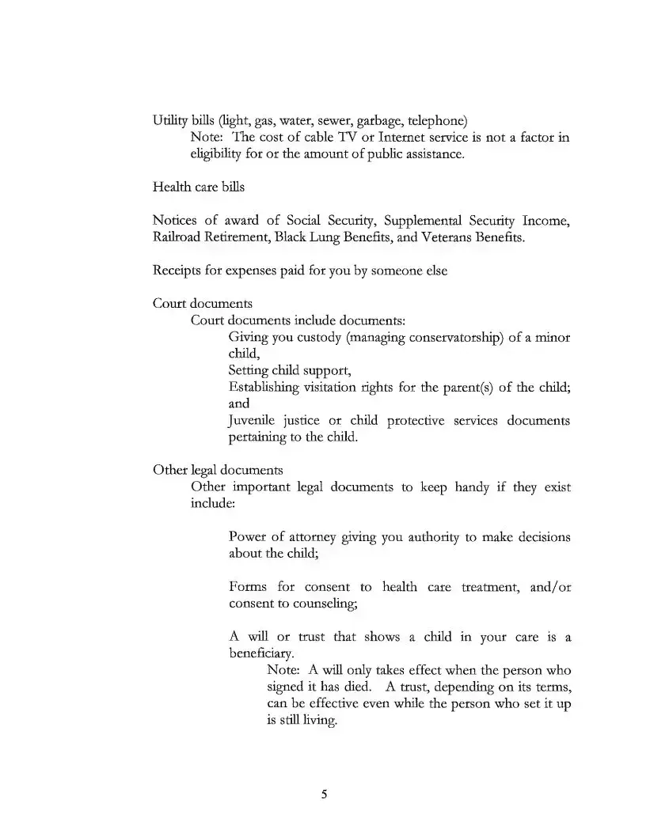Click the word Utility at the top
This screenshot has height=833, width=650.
tap(169, 121)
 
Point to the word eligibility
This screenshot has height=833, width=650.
tap(219, 153)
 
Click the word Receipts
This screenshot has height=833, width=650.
tap(178, 271)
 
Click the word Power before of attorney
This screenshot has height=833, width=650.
tap(247, 537)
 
